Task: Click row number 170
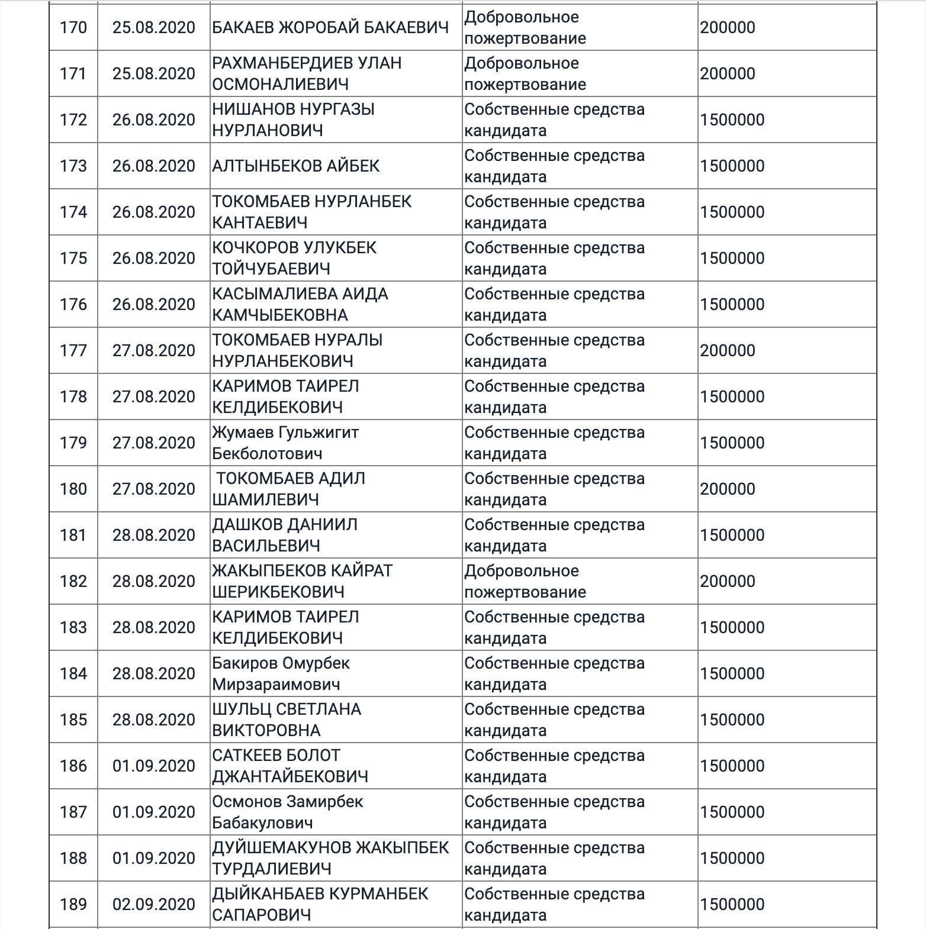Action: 73,28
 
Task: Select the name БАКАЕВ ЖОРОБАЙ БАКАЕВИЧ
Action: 330,28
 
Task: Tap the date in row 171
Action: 153,74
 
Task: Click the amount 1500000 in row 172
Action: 732,120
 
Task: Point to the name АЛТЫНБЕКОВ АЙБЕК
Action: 296,166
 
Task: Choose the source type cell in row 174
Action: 554,212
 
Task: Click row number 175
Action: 73,259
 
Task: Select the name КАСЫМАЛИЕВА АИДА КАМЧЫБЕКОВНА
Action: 300,305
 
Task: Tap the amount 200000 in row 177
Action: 727,351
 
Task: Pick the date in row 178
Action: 153,397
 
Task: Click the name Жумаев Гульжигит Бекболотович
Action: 285,443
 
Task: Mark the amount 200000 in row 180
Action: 727,489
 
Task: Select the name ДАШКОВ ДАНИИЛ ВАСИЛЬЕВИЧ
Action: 285,536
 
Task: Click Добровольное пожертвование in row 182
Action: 525,582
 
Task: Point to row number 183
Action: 73,628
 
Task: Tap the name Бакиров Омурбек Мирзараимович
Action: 281,674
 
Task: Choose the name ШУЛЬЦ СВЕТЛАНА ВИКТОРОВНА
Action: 287,720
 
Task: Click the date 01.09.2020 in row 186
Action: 153,766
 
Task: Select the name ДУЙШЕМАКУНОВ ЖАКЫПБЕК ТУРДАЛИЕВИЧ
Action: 330,859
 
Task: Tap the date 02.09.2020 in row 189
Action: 153,905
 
